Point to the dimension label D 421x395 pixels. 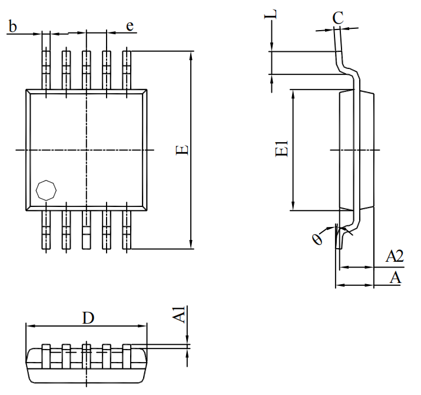tap(88, 318)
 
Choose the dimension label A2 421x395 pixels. tap(394, 256)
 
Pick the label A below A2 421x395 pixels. tap(395, 278)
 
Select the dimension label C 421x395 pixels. tap(337, 18)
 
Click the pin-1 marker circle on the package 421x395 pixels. tap(46, 190)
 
